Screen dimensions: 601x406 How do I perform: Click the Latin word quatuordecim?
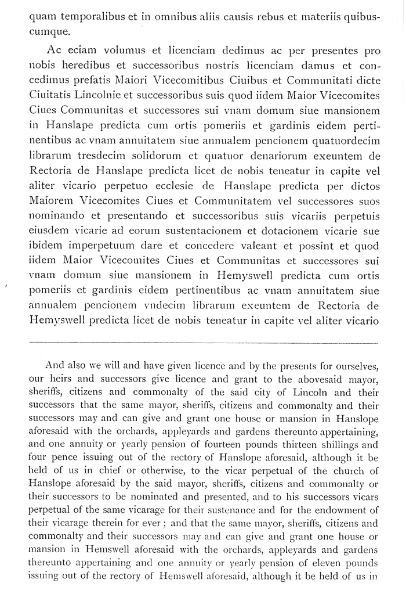[x=346, y=141]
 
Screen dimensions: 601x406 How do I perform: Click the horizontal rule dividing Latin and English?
[x=203, y=342]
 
